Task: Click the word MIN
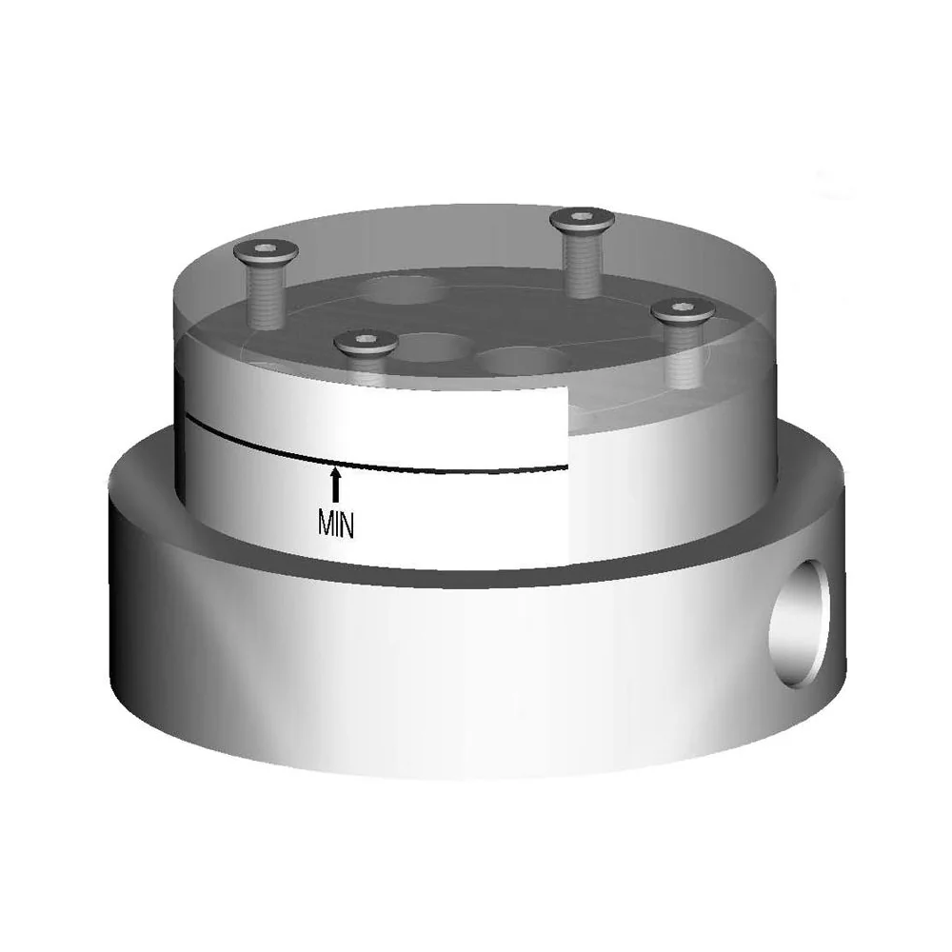[336, 523]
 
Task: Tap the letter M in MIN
[326, 523]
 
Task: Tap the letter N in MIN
[347, 523]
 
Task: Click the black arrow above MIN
[335, 484]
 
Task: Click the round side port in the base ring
[799, 624]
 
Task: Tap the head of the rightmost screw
[683, 310]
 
